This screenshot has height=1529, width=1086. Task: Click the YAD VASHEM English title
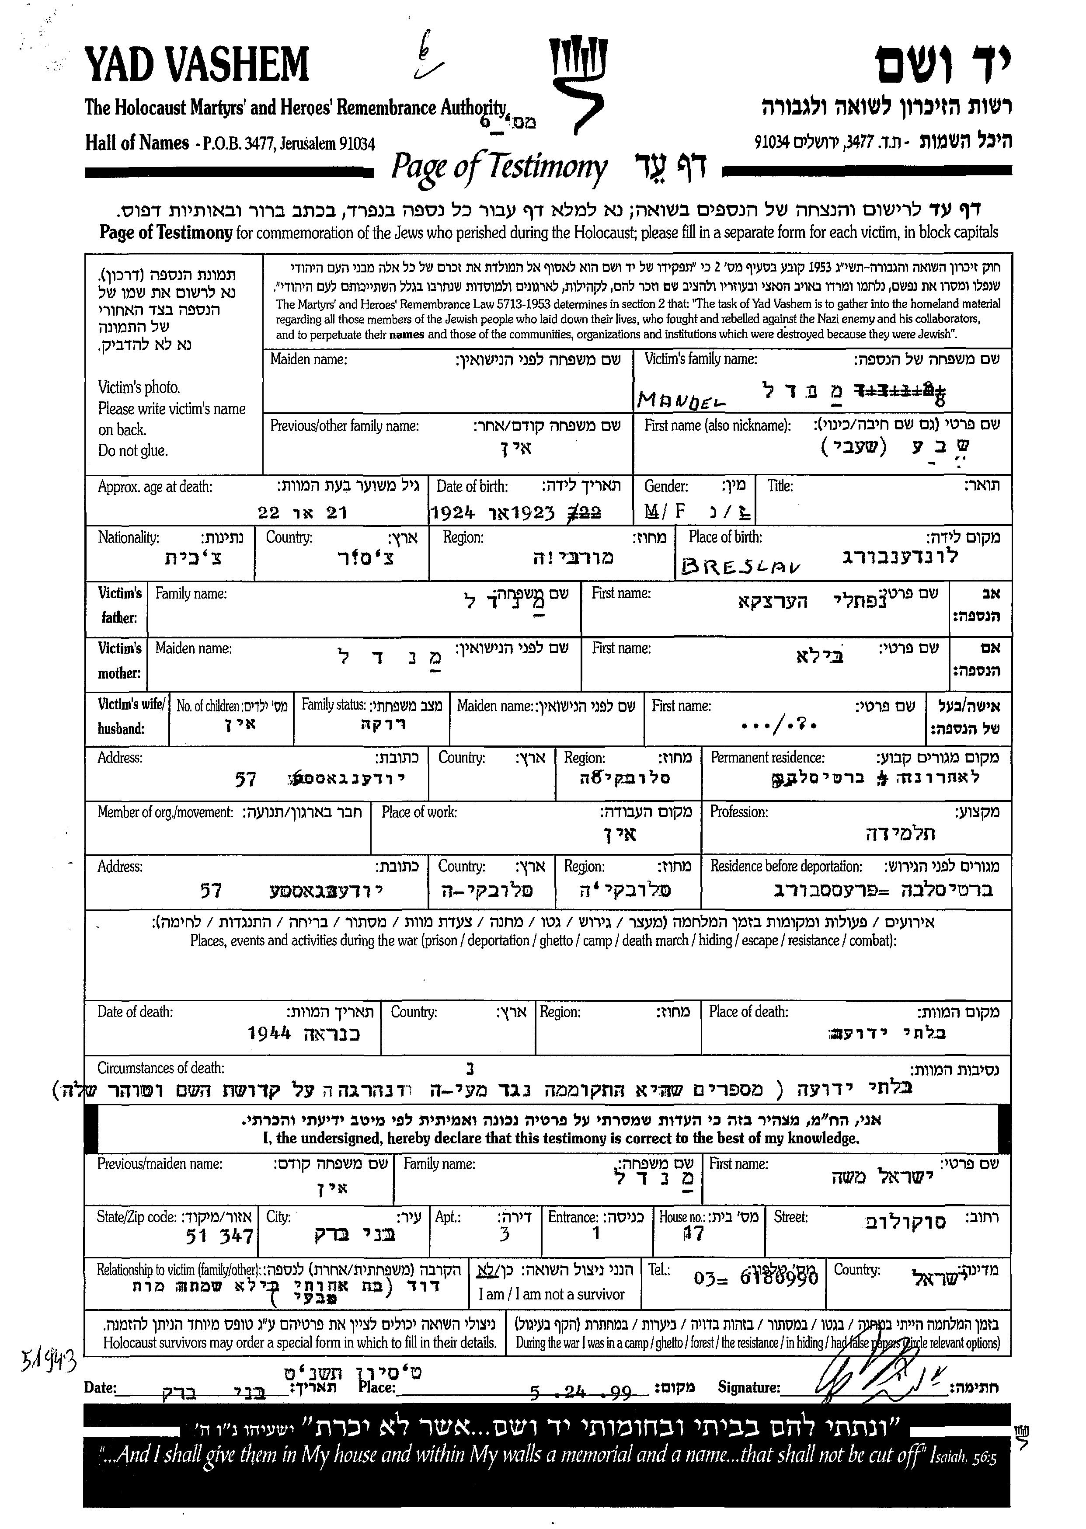[x=197, y=65]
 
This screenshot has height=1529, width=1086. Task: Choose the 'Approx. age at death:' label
[x=155, y=486]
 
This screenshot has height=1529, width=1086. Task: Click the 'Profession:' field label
[x=739, y=812]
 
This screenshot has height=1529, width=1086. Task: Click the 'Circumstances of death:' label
[x=161, y=1068]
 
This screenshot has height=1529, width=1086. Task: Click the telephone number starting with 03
[x=755, y=1278]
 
